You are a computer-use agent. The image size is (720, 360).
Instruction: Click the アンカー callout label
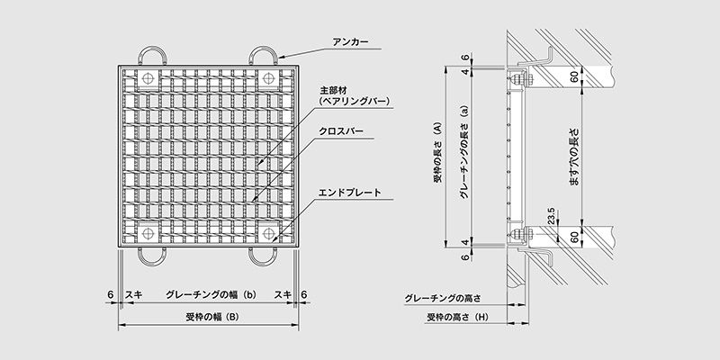point(350,42)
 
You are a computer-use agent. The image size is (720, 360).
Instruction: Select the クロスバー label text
point(341,131)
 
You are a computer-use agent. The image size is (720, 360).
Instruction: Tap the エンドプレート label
point(350,193)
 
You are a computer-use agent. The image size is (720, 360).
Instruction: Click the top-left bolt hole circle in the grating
point(148,78)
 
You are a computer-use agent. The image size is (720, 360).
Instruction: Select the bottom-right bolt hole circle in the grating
point(268,233)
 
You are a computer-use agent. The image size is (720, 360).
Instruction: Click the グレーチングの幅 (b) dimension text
point(211,295)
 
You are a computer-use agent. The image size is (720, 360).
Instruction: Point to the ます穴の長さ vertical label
point(574,157)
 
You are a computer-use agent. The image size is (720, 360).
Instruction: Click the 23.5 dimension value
point(552,215)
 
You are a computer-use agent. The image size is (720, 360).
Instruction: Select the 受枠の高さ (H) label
point(457,317)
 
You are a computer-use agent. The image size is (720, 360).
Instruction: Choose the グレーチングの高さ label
point(442,299)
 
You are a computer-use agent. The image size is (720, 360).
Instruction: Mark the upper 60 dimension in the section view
point(574,76)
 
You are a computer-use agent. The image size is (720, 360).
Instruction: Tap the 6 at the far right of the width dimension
point(303,295)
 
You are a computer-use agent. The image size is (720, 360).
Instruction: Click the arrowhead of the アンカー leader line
point(280,58)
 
